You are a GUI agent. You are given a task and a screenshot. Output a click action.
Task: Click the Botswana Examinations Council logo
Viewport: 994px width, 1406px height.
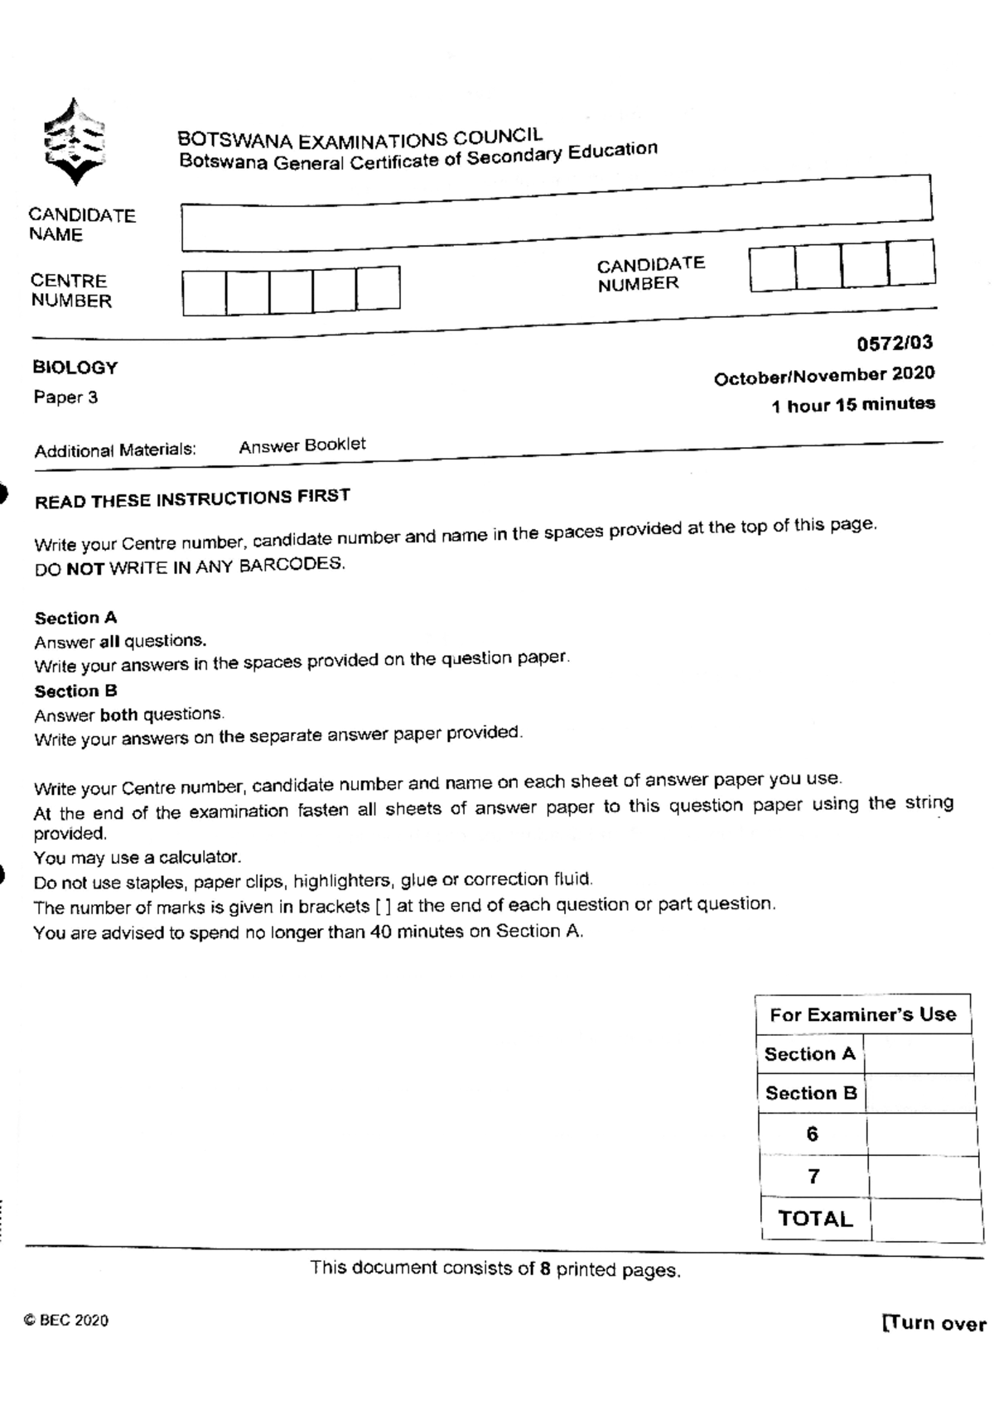[x=74, y=142]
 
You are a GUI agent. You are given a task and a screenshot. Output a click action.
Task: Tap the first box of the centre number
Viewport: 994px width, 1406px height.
[x=204, y=292]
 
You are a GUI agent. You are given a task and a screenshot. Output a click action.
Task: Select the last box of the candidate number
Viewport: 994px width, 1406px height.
[x=911, y=263]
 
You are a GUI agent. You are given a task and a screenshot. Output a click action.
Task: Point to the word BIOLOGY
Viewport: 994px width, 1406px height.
[x=75, y=368]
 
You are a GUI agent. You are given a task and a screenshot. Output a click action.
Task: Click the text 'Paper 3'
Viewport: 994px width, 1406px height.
[x=65, y=397]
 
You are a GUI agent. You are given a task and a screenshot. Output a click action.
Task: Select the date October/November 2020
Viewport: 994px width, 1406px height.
[x=824, y=376]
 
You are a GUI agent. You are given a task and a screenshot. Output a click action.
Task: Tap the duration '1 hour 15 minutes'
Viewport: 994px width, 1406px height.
[x=853, y=405]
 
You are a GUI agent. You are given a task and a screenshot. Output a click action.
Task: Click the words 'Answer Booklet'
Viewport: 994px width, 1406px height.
[x=302, y=445]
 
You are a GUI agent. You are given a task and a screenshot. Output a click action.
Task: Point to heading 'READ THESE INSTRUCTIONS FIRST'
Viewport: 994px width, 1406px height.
[x=192, y=498]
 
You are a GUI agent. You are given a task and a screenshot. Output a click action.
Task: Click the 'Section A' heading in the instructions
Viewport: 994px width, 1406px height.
[x=75, y=618]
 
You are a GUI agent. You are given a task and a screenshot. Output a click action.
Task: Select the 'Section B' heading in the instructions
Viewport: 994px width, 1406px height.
[x=75, y=691]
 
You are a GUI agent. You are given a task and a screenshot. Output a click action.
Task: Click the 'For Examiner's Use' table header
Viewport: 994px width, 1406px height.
[x=862, y=1014]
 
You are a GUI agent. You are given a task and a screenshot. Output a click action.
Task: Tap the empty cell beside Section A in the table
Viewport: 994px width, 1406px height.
[x=918, y=1055]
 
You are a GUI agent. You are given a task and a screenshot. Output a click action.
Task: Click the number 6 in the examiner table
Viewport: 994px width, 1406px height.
[x=812, y=1134]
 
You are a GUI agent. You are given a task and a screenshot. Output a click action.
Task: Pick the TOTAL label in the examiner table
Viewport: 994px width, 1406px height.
[x=815, y=1219]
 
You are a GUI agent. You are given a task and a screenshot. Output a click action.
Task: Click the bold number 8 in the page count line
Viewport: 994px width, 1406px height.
[x=545, y=1269]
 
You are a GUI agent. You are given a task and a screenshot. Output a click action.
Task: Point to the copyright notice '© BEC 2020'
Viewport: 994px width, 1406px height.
[x=66, y=1321]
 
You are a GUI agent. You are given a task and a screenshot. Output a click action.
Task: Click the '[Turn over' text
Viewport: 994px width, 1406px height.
[x=934, y=1323]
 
